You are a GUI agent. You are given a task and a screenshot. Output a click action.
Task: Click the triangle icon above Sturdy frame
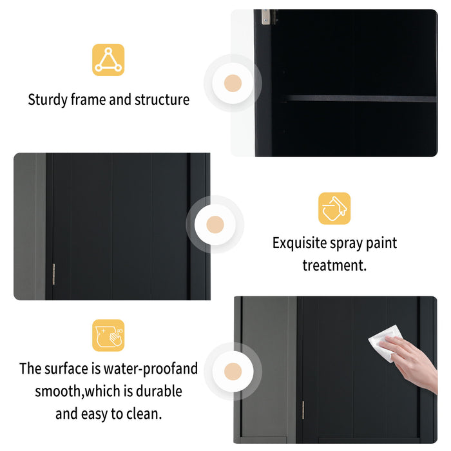click(108, 60)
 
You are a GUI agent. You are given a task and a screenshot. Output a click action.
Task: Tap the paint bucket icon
click(334, 209)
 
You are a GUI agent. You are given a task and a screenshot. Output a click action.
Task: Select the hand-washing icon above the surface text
click(108, 336)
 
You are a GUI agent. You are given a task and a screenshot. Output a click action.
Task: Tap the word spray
click(358, 244)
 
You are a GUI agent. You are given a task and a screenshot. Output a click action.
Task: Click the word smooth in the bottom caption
click(57, 391)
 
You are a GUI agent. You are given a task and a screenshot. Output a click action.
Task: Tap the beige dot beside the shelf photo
click(233, 83)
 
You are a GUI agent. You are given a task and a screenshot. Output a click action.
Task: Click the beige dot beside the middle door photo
click(215, 224)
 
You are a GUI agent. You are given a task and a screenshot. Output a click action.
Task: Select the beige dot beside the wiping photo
click(233, 372)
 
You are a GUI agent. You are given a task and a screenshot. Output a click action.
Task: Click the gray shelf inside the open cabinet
click(361, 99)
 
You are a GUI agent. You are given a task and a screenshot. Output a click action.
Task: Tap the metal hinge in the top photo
click(265, 17)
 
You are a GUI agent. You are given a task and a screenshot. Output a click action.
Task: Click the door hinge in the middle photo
click(54, 267)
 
